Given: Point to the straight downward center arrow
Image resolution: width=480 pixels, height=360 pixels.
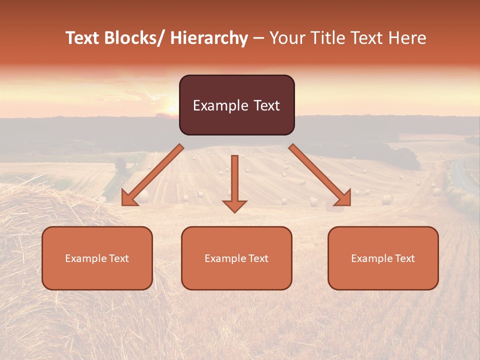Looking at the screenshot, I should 234,180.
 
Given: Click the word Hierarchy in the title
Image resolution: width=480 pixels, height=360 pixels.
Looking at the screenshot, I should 209,38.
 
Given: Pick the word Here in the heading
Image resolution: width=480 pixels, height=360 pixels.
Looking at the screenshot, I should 407,38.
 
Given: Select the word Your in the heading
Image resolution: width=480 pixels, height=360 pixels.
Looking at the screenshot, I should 286,38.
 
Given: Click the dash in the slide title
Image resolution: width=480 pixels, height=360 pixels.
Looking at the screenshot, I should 258,38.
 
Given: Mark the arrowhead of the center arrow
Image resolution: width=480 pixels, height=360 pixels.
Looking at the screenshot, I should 234,205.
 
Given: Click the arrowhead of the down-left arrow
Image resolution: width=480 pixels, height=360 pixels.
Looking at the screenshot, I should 128,198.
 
